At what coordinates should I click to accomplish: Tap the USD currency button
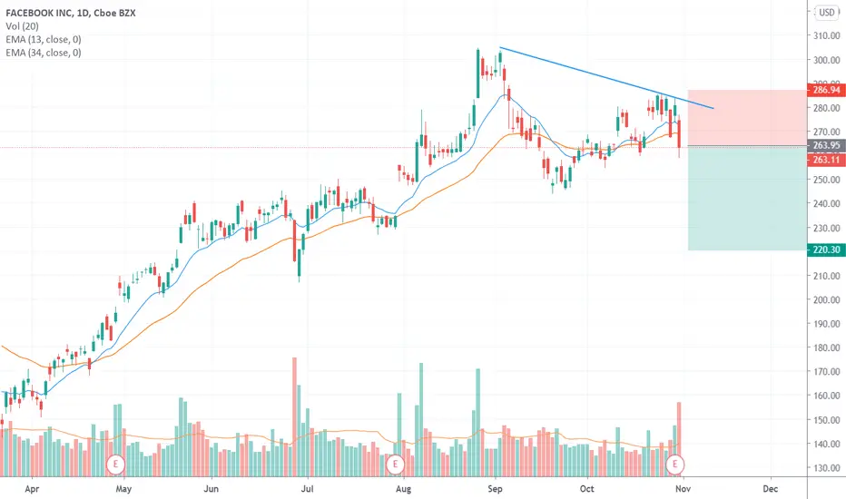[x=827, y=12]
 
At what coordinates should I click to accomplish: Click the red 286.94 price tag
[x=824, y=91]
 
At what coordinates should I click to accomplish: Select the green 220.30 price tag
[x=824, y=250]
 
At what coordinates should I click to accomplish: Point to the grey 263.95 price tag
[x=824, y=146]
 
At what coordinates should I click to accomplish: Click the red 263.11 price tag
[x=824, y=159]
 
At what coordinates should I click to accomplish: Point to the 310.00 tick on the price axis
[x=824, y=36]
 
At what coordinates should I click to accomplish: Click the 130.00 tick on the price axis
[x=824, y=468]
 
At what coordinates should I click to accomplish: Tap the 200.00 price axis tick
[x=824, y=299]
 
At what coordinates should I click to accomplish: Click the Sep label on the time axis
[x=495, y=486]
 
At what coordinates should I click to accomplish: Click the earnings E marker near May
[x=116, y=464]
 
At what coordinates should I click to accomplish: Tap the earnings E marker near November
[x=675, y=464]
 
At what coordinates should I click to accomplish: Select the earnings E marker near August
[x=395, y=464]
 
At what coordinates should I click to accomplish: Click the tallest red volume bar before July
[x=295, y=408]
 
